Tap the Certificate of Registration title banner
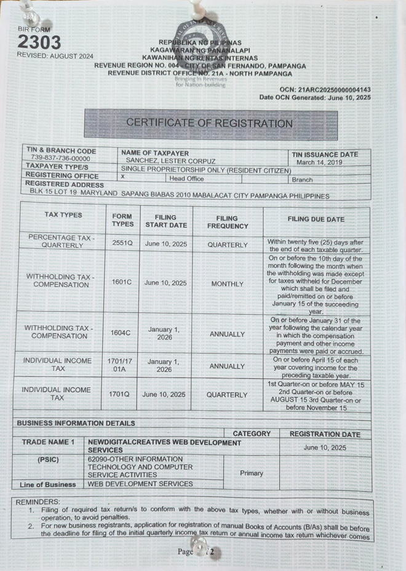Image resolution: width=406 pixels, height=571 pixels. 210,123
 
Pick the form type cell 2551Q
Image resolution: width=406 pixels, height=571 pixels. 122,244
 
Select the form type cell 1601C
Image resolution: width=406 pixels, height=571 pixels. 122,283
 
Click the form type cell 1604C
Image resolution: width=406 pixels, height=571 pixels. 122,333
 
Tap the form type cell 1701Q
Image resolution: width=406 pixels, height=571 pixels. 122,394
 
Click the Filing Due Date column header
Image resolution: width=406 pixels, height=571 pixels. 316,219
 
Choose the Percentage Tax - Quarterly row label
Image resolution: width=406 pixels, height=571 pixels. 61,241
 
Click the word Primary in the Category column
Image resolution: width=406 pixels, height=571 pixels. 252,473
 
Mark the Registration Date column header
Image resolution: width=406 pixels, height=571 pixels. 325,434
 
